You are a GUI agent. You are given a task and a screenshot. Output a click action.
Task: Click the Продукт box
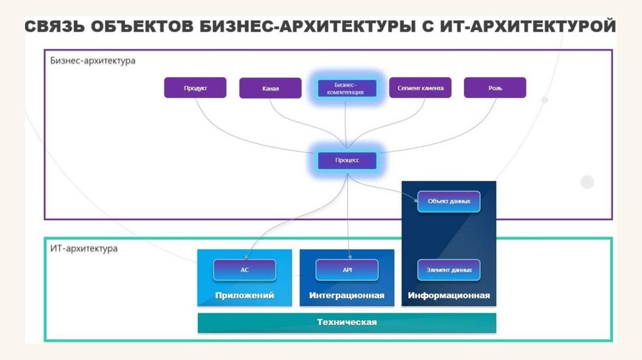point(196,88)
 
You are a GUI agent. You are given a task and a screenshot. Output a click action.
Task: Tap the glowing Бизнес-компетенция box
point(345,88)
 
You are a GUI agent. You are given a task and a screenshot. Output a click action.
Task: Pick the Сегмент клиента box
point(420,88)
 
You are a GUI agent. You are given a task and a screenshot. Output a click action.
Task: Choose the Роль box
point(495,88)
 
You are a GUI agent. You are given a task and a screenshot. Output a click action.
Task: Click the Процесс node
point(347,161)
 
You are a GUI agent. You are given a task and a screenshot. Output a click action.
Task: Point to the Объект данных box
point(449,201)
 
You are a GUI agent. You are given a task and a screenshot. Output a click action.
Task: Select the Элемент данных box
point(449,270)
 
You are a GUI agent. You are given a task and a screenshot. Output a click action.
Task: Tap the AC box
point(245,270)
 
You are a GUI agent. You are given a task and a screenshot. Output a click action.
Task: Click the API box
point(347,270)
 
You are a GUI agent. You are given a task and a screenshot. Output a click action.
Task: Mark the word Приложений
point(245,295)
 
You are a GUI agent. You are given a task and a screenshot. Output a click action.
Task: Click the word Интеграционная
point(347,295)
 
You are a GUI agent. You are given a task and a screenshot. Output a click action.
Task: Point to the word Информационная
point(449,295)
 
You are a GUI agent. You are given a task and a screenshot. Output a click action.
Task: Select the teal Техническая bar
point(347,322)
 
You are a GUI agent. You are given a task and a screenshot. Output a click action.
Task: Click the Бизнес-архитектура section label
point(93,61)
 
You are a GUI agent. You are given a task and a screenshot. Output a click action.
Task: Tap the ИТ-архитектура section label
point(83,248)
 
